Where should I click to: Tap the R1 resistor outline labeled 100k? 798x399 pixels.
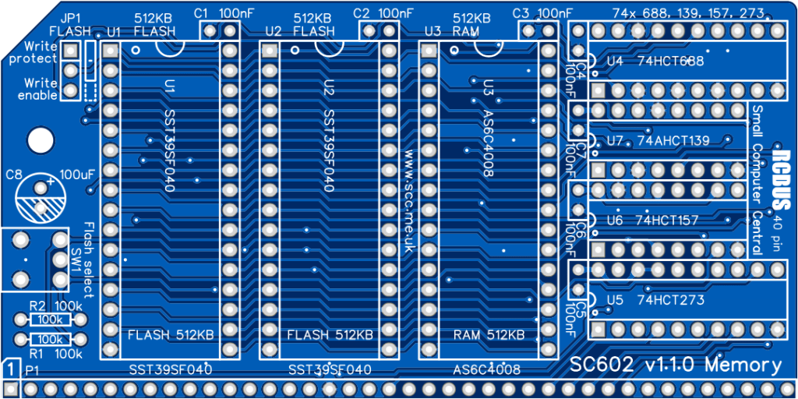tap(51, 339)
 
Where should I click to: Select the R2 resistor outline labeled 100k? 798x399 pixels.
tap(51, 320)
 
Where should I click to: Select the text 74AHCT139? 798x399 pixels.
tap(673, 141)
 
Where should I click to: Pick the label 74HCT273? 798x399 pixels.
tap(670, 300)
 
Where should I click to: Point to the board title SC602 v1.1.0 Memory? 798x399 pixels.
tap(676, 365)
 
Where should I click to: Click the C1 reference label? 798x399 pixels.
tap(201, 13)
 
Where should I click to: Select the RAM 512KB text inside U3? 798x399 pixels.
tap(489, 335)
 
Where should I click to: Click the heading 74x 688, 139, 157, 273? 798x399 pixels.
tap(688, 13)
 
